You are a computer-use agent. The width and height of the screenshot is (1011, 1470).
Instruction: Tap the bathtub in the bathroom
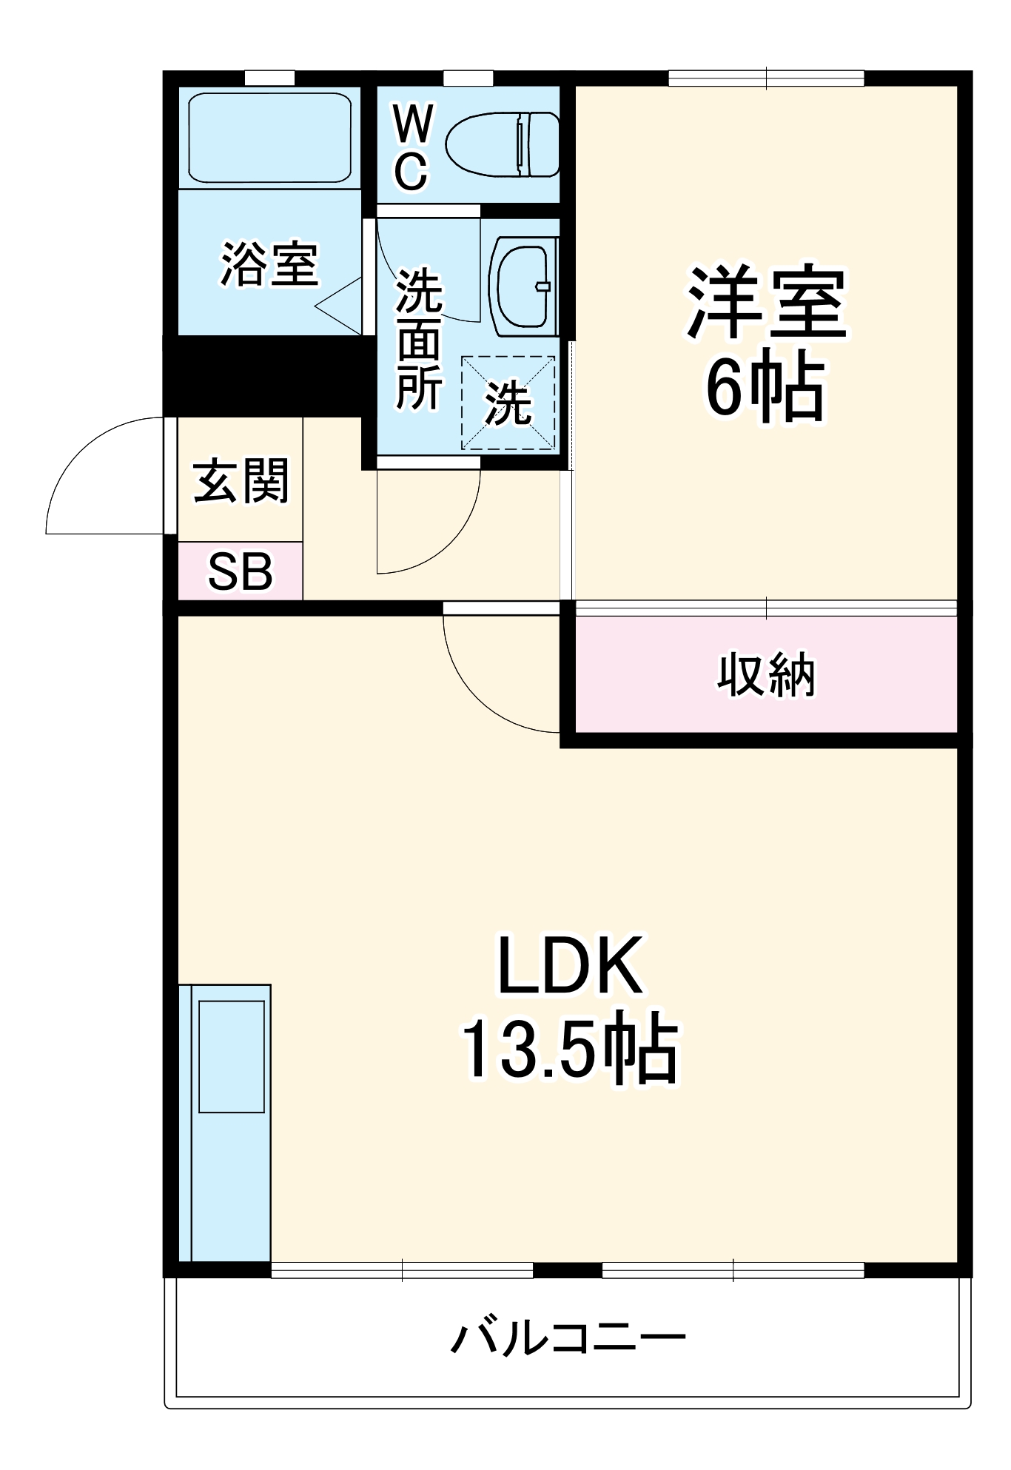pos(269,138)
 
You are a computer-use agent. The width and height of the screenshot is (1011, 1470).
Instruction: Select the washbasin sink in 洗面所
pos(523,286)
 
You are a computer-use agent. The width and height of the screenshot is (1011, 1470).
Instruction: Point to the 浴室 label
pos(269,264)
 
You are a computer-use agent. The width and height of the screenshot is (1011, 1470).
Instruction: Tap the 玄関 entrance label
pos(241,481)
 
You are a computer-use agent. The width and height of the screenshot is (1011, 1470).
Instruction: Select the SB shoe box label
pos(240,571)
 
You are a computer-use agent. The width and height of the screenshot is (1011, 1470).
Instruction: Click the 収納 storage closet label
pos(766,674)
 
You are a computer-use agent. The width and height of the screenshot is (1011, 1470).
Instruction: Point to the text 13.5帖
pos(568,1049)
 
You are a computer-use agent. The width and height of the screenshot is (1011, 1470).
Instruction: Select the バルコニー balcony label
pos(568,1338)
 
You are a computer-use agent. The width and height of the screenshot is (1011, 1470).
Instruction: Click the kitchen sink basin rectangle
pos(232,1056)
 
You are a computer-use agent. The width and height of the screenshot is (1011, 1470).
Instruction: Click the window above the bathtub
pos(269,78)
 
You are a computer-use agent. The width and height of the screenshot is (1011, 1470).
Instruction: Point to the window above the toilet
pos(468,78)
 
